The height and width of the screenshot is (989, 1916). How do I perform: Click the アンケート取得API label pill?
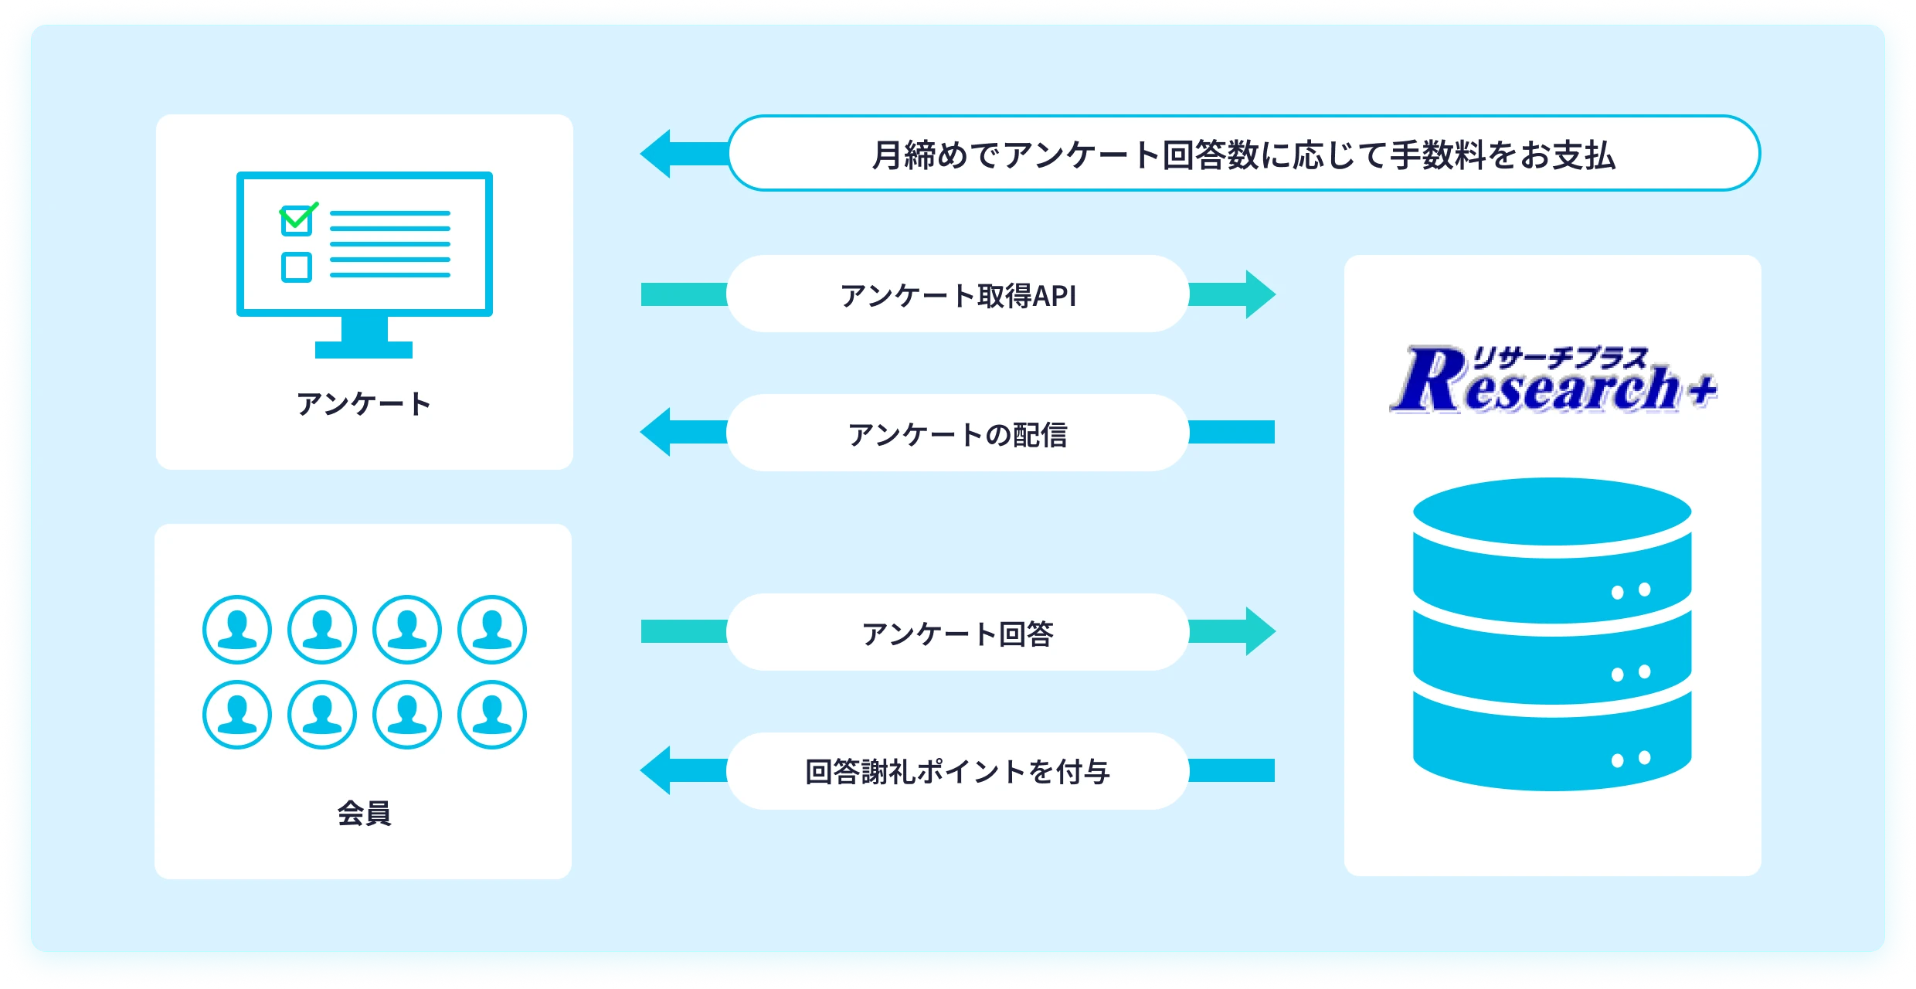tap(957, 294)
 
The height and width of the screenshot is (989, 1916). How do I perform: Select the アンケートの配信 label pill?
tap(957, 433)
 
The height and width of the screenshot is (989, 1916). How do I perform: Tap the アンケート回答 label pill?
tap(957, 633)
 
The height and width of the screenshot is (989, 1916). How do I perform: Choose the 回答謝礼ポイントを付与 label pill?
tap(957, 771)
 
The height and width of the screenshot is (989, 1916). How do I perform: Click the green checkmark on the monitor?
tap(298, 216)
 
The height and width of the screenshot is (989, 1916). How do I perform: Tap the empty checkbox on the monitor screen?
tap(297, 267)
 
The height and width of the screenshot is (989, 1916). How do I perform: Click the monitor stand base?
tap(363, 350)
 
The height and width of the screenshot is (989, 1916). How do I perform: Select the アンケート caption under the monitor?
tap(363, 403)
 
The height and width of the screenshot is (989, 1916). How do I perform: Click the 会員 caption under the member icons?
tap(363, 813)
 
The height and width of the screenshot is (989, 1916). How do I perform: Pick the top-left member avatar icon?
tap(237, 630)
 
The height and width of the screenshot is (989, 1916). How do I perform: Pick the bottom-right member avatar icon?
tap(492, 715)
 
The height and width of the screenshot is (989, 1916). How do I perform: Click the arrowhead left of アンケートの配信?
tap(657, 432)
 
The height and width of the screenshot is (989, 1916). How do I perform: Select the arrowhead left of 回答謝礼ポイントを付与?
tap(657, 770)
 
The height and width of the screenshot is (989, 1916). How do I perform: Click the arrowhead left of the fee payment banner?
tap(657, 154)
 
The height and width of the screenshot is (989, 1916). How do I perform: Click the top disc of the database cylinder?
tap(1551, 511)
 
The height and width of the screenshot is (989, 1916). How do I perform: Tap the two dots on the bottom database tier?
tap(1631, 759)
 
